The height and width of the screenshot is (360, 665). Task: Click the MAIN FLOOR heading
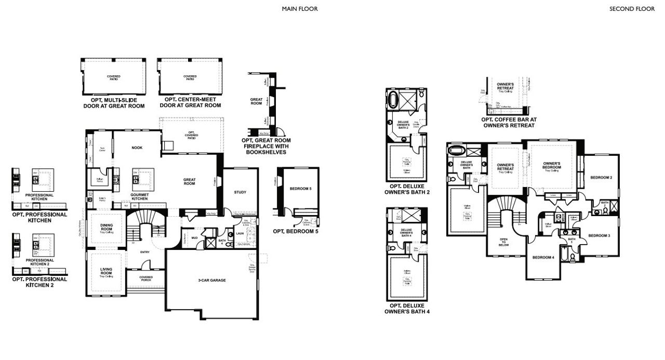pyautogui.click(x=300, y=9)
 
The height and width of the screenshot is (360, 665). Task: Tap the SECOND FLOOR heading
pyautogui.click(x=632, y=9)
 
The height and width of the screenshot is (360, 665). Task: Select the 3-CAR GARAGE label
pyautogui.click(x=212, y=280)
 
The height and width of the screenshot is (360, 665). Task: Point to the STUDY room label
pyautogui.click(x=240, y=192)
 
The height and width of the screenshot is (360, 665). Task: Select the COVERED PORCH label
pyautogui.click(x=146, y=278)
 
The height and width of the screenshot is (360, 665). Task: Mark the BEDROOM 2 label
pyautogui.click(x=601, y=178)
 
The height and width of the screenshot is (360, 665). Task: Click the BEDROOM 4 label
pyautogui.click(x=543, y=257)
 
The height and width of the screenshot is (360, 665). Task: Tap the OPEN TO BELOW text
pyautogui.click(x=504, y=243)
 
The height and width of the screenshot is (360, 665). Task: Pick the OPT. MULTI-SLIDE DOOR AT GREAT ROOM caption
pyautogui.click(x=114, y=102)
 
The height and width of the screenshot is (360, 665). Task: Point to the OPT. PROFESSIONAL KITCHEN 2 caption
pyautogui.click(x=39, y=282)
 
